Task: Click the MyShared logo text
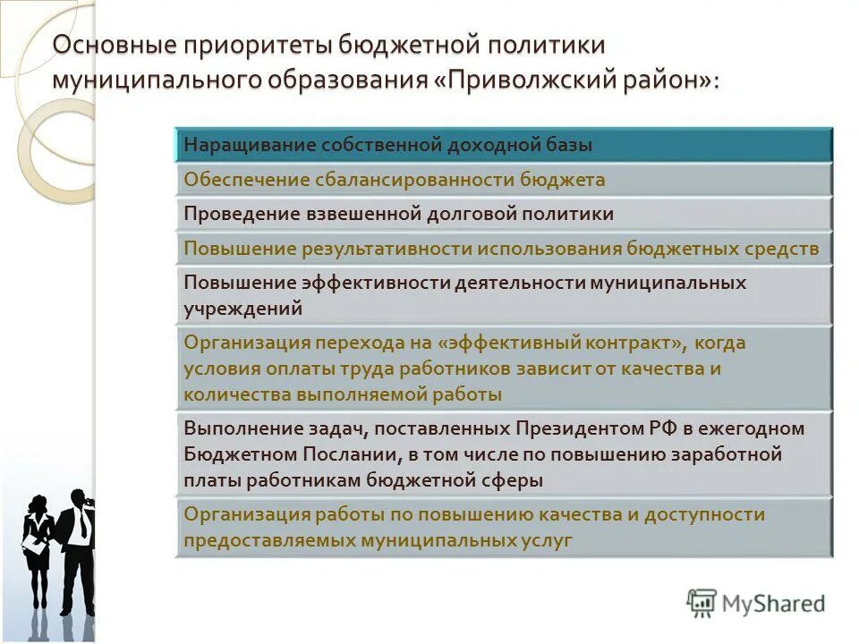(774, 604)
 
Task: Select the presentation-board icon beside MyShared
(702, 604)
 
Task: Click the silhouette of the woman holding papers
(38, 546)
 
